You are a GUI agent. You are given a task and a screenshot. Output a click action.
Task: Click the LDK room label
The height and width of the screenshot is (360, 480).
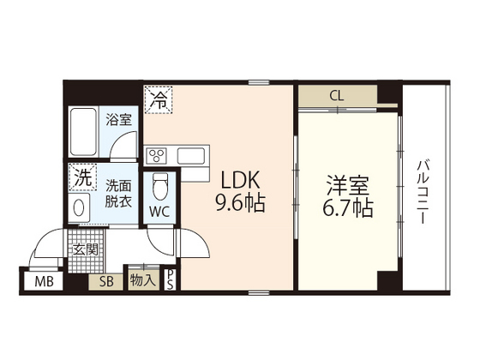240,180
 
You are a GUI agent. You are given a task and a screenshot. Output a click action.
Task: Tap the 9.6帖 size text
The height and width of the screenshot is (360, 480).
240,203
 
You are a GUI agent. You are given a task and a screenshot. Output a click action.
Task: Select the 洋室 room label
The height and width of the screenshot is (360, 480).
348,185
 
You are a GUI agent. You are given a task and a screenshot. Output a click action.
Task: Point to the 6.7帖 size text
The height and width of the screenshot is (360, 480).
348,208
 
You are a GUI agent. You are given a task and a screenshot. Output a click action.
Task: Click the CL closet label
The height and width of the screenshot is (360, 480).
337,96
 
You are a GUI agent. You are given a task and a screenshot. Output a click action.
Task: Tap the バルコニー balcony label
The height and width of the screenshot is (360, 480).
423,192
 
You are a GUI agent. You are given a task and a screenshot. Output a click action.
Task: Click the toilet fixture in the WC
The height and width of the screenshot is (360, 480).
160,187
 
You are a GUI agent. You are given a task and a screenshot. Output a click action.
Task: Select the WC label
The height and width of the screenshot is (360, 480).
159,211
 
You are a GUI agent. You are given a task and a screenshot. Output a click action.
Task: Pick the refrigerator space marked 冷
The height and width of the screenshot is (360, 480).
159,99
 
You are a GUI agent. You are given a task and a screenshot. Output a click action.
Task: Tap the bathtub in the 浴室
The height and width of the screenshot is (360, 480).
83,132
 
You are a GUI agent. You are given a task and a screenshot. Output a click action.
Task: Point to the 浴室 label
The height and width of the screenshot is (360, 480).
119,119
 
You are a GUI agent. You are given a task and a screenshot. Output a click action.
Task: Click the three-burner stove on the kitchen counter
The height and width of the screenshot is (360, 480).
156,155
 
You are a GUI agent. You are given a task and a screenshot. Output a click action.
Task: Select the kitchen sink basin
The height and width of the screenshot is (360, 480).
191,156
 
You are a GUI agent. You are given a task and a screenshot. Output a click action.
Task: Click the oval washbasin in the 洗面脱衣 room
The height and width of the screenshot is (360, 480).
79,207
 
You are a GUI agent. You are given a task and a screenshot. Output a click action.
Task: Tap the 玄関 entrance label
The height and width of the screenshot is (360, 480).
86,249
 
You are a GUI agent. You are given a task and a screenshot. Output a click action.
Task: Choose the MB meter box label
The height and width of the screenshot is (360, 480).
44,281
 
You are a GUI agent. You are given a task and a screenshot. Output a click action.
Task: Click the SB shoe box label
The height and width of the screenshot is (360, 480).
106,281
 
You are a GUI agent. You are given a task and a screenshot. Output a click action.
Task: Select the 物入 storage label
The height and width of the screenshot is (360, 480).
142,280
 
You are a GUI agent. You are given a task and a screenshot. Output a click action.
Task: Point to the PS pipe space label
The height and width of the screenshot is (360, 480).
170,279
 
